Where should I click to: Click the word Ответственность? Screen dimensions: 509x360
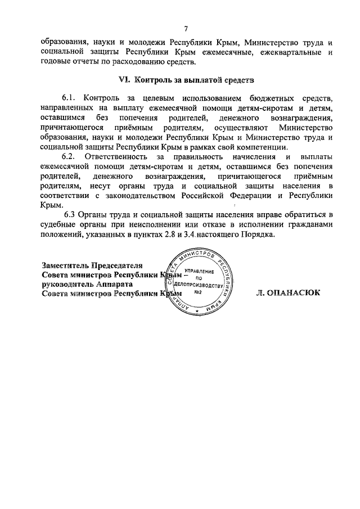(121, 155)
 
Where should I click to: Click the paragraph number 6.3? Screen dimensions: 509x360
(71, 217)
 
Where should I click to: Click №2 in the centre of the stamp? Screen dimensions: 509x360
(197, 292)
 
